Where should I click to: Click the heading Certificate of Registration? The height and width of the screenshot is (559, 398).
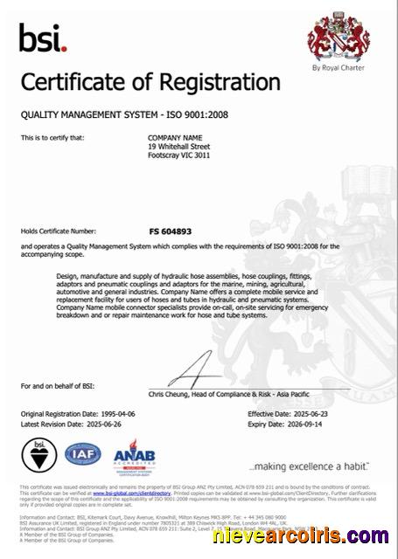coord(150,84)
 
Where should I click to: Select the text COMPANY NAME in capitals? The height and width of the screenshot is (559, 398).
coord(176,138)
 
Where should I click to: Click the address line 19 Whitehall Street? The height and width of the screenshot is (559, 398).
coord(180,147)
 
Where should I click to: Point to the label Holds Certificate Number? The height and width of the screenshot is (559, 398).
coord(58,231)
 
